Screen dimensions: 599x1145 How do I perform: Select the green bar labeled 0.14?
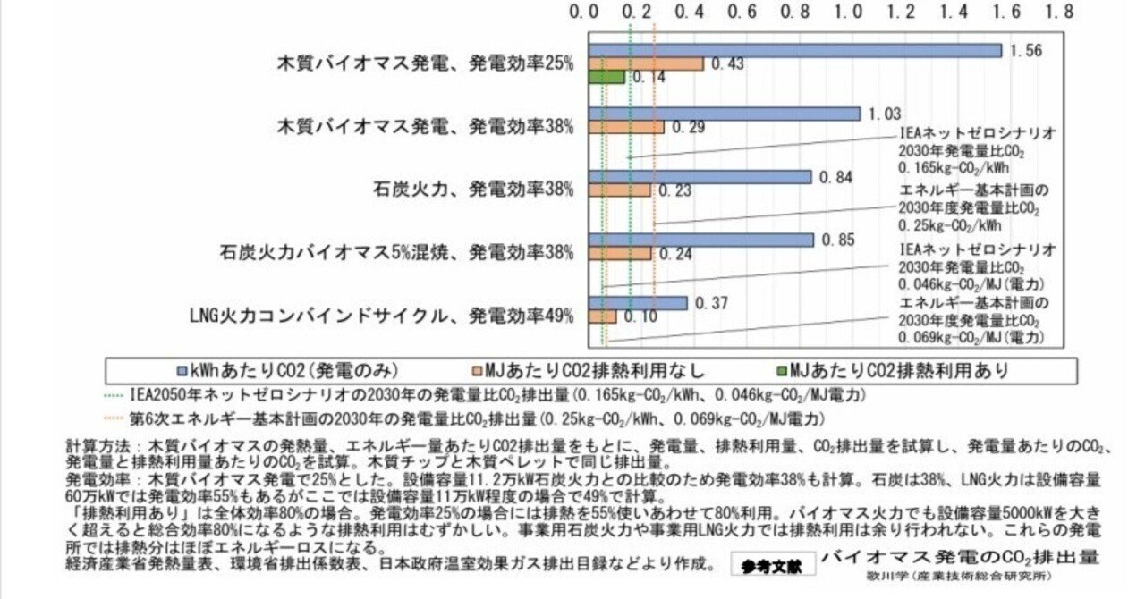(606, 77)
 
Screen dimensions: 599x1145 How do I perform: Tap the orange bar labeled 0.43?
(646, 63)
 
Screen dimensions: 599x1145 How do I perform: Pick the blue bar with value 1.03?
(724, 114)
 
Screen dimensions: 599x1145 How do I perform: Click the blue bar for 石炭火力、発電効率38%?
(700, 177)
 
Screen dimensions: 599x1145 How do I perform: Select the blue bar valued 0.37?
(638, 303)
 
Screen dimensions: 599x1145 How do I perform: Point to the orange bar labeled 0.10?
(603, 316)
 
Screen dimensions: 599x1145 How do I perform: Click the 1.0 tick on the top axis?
(849, 13)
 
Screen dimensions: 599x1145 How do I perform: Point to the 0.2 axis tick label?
(639, 13)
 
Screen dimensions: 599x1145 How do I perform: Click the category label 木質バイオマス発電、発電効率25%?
(425, 63)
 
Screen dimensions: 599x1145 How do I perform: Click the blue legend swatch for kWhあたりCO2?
(182, 370)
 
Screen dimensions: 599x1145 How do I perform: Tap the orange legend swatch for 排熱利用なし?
(478, 370)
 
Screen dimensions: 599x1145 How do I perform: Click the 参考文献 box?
(771, 564)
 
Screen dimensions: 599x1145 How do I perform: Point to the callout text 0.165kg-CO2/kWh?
(954, 165)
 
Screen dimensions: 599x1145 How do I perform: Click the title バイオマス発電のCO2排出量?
(960, 557)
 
